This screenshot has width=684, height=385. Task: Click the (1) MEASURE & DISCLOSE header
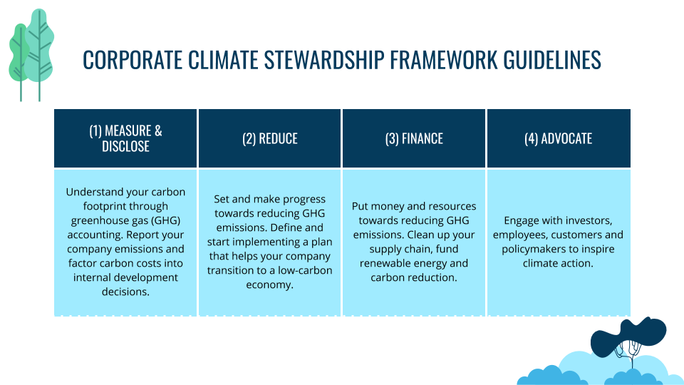125,138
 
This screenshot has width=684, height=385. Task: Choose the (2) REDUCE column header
270,138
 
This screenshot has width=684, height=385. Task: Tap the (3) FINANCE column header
414,138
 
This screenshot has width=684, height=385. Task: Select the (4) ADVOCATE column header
558,138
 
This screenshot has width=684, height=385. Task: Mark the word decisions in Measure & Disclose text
125,292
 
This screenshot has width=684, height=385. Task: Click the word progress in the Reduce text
301,199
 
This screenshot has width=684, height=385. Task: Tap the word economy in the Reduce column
269,284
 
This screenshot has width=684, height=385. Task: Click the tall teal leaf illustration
39,50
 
